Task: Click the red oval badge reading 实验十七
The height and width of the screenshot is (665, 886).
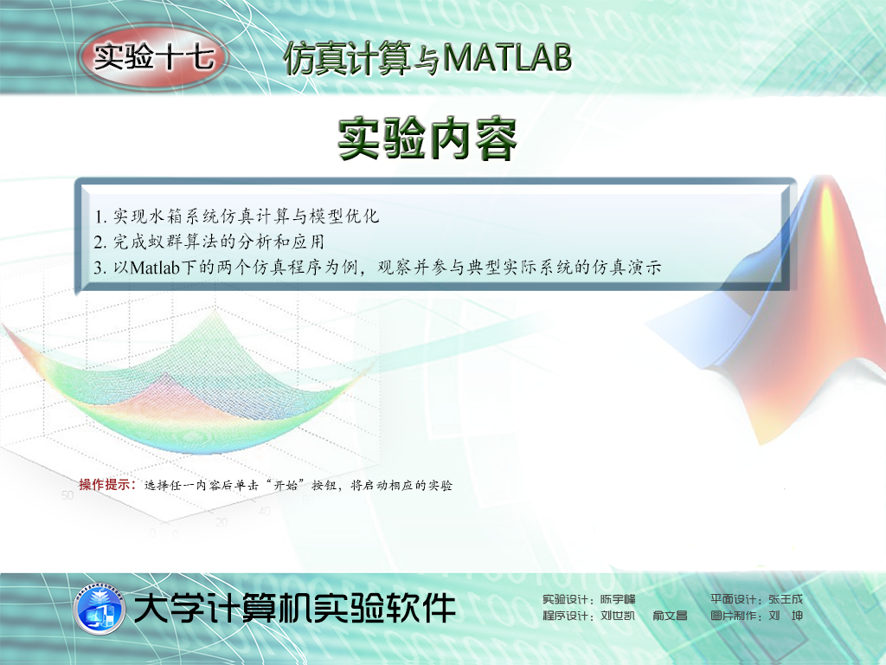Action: click(x=154, y=57)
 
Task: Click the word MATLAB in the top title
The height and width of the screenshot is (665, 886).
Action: click(x=507, y=57)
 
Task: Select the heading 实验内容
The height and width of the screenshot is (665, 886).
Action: click(x=427, y=139)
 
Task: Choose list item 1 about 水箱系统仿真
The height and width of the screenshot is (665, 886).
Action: click(x=237, y=216)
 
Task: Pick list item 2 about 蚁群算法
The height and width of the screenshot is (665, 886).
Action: click(x=209, y=242)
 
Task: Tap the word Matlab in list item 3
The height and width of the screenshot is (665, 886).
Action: click(x=155, y=267)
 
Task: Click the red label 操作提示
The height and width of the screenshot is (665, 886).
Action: click(x=107, y=485)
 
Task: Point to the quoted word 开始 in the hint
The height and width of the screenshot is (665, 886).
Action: click(x=286, y=485)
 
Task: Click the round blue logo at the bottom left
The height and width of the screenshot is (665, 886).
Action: click(x=100, y=609)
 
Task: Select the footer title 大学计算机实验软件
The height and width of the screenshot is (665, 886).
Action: click(x=294, y=608)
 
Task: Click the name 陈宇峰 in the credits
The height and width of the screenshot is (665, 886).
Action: click(x=618, y=599)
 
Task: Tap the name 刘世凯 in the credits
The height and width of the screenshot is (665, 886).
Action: click(x=618, y=616)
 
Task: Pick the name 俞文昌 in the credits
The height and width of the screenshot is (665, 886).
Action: click(x=671, y=616)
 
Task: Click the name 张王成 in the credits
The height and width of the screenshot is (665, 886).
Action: click(x=786, y=599)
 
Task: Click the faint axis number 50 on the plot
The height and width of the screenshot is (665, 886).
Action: click(x=67, y=495)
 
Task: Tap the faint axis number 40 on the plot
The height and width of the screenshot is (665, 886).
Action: click(x=265, y=511)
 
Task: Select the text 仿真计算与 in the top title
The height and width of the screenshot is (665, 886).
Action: click(x=362, y=58)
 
